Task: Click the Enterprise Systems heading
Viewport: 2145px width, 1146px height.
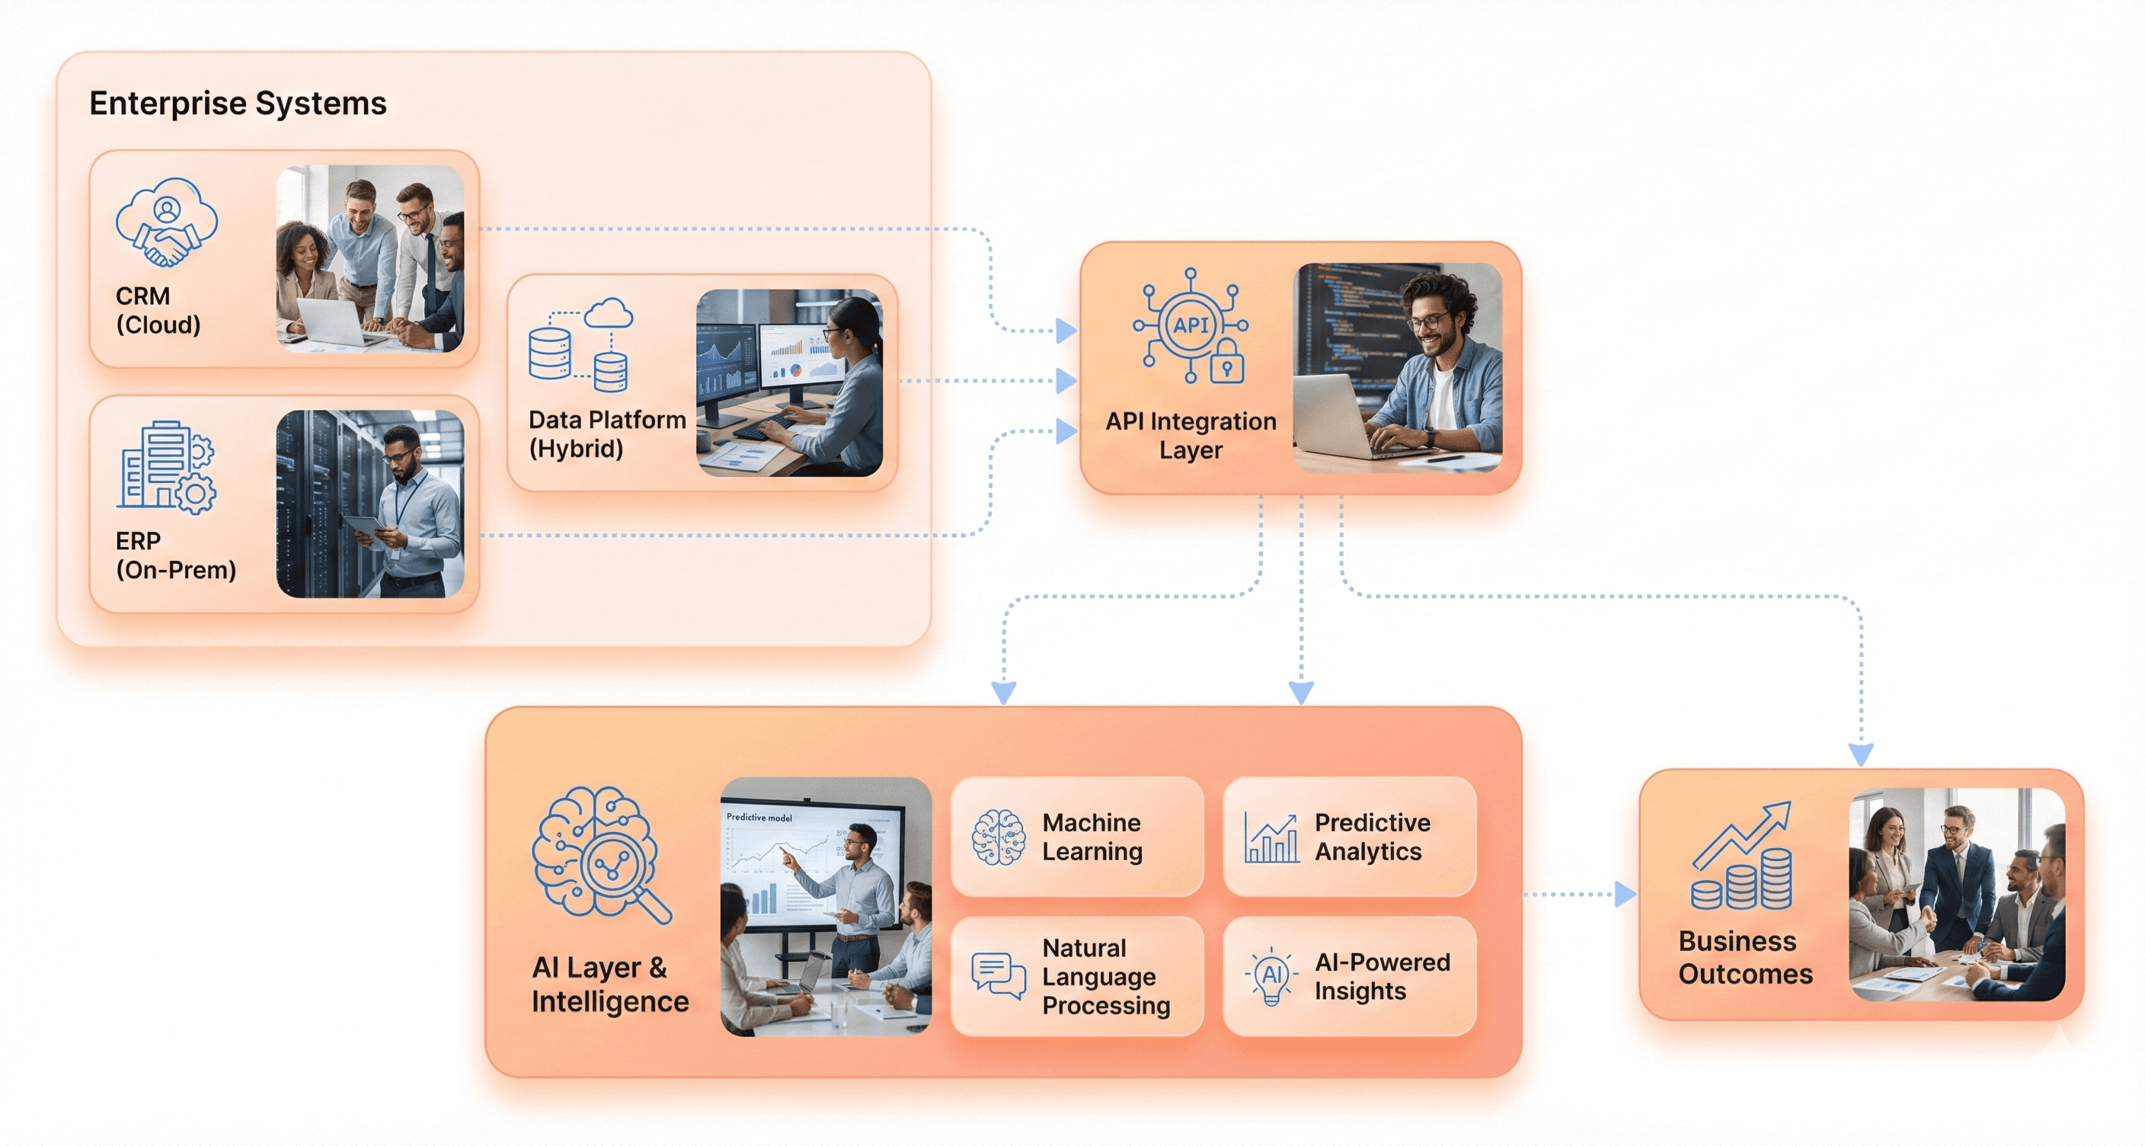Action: point(238,104)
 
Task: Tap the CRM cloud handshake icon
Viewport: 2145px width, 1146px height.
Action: point(167,222)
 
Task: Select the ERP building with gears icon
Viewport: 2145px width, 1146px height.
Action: point(167,466)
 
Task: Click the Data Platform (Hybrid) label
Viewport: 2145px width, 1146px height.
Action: point(607,434)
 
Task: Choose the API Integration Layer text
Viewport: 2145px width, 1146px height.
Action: point(1190,436)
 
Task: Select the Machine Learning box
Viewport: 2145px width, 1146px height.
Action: point(1076,837)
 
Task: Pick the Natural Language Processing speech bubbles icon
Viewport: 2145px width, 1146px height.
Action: point(998,976)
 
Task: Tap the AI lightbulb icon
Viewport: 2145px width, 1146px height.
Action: point(1271,976)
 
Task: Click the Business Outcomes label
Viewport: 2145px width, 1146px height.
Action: point(1744,958)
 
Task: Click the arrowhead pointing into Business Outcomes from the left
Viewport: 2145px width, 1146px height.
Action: point(1625,895)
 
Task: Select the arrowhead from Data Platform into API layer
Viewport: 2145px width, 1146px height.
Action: point(1066,381)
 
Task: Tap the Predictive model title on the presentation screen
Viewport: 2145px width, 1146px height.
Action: point(759,817)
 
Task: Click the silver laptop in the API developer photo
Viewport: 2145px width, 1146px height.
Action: point(1341,417)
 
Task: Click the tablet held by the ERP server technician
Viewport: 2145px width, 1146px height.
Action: point(365,527)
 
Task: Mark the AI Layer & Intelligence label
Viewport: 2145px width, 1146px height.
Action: point(609,984)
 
